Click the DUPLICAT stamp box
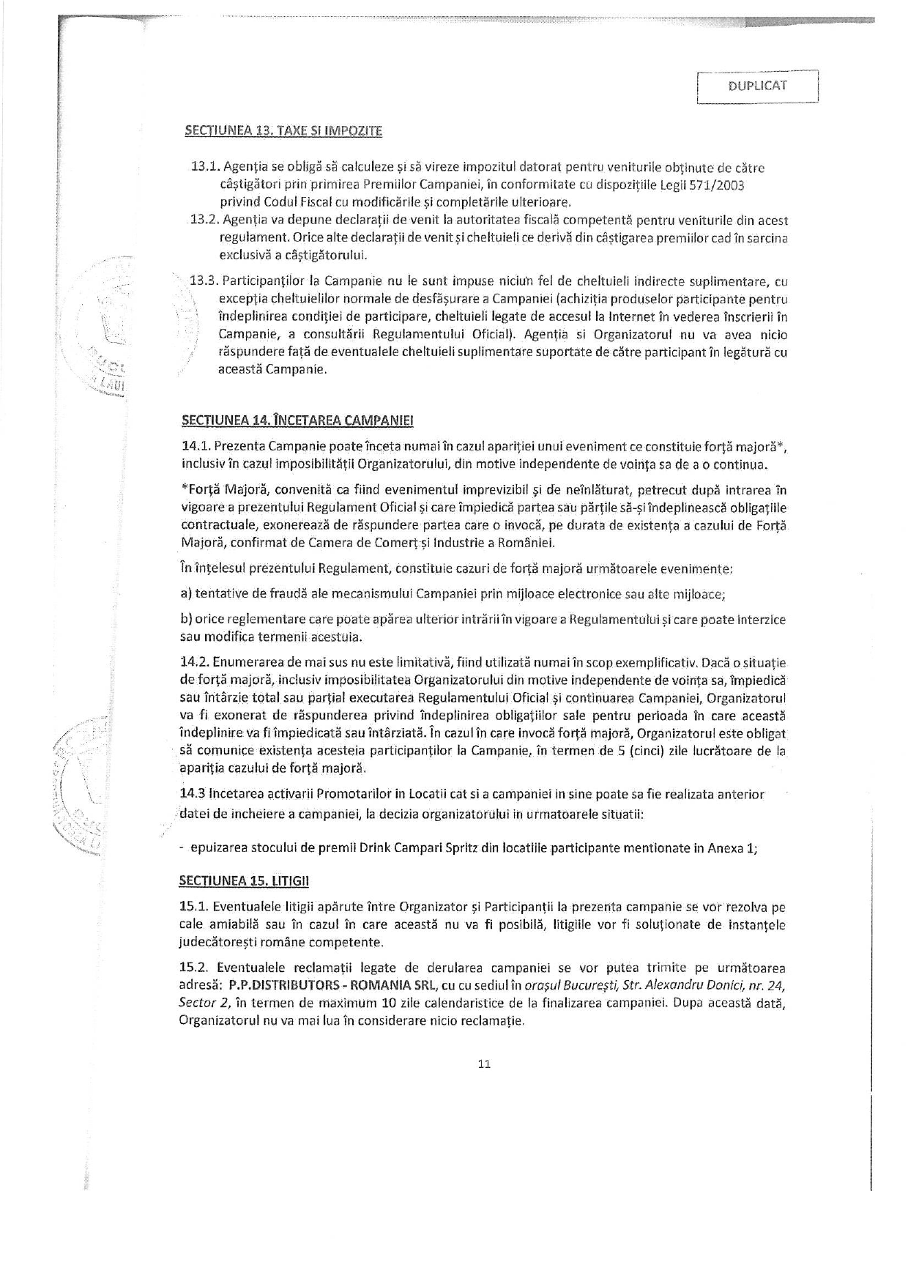tap(757, 86)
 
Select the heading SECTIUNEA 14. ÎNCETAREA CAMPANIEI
tap(297, 420)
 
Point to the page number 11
tap(483, 1064)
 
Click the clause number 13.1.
tap(204, 168)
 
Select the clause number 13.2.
tap(204, 220)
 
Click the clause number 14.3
tap(193, 794)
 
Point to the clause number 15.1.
tap(193, 908)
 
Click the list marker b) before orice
tap(185, 620)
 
